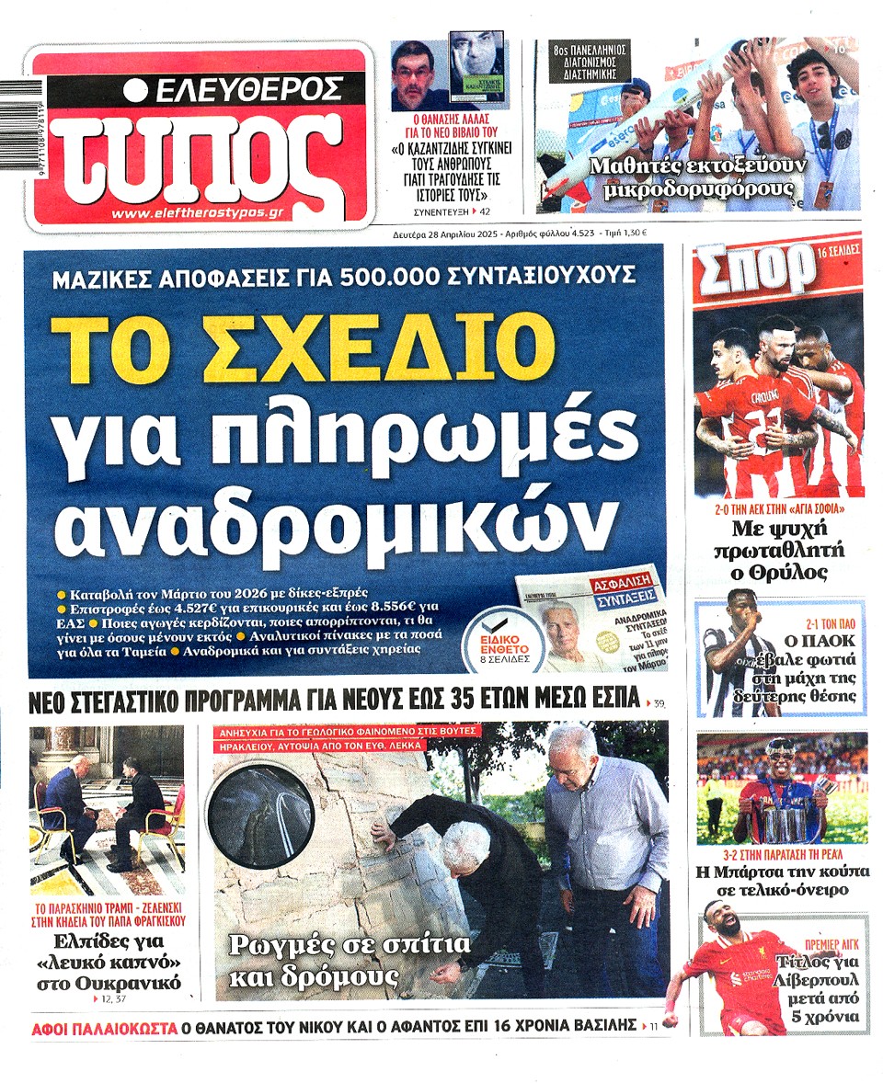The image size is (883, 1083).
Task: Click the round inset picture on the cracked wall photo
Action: click(x=260, y=811)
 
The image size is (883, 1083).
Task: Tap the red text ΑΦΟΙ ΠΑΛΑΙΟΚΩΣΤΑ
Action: click(x=103, y=1027)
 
